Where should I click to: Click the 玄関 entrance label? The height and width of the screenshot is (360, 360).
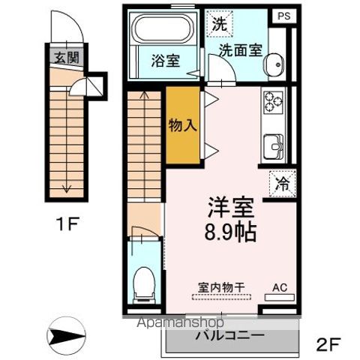pyautogui.click(x=64, y=57)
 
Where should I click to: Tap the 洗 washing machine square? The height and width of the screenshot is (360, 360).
pyautogui.click(x=219, y=23)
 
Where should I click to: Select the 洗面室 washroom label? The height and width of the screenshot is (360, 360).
pyautogui.click(x=241, y=49)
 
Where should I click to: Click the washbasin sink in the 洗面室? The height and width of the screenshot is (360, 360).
pyautogui.click(x=277, y=65)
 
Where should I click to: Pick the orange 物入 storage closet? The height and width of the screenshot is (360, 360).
pyautogui.click(x=182, y=124)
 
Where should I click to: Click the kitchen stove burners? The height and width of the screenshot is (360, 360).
pyautogui.click(x=271, y=100)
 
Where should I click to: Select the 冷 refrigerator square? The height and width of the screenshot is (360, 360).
pyautogui.click(x=281, y=181)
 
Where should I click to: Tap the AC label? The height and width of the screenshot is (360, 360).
pyautogui.click(x=279, y=286)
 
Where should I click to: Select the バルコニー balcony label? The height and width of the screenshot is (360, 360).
pyautogui.click(x=229, y=334)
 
